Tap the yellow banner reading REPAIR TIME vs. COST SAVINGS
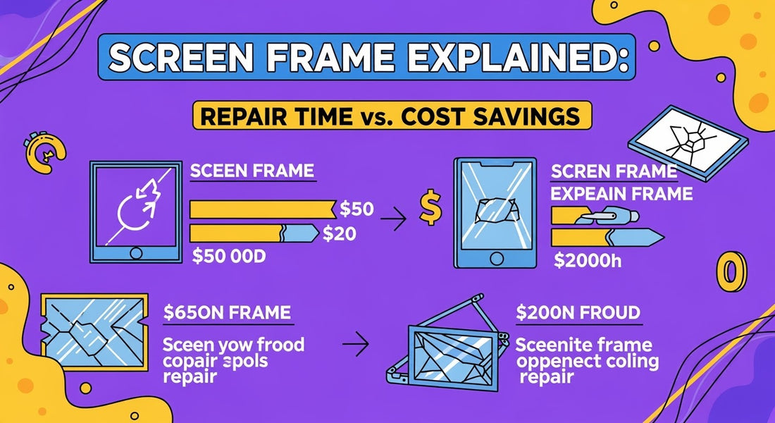(391, 116)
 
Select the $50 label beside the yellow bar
(356, 208)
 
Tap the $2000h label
(588, 262)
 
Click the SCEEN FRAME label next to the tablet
(252, 171)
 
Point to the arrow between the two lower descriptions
(359, 346)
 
